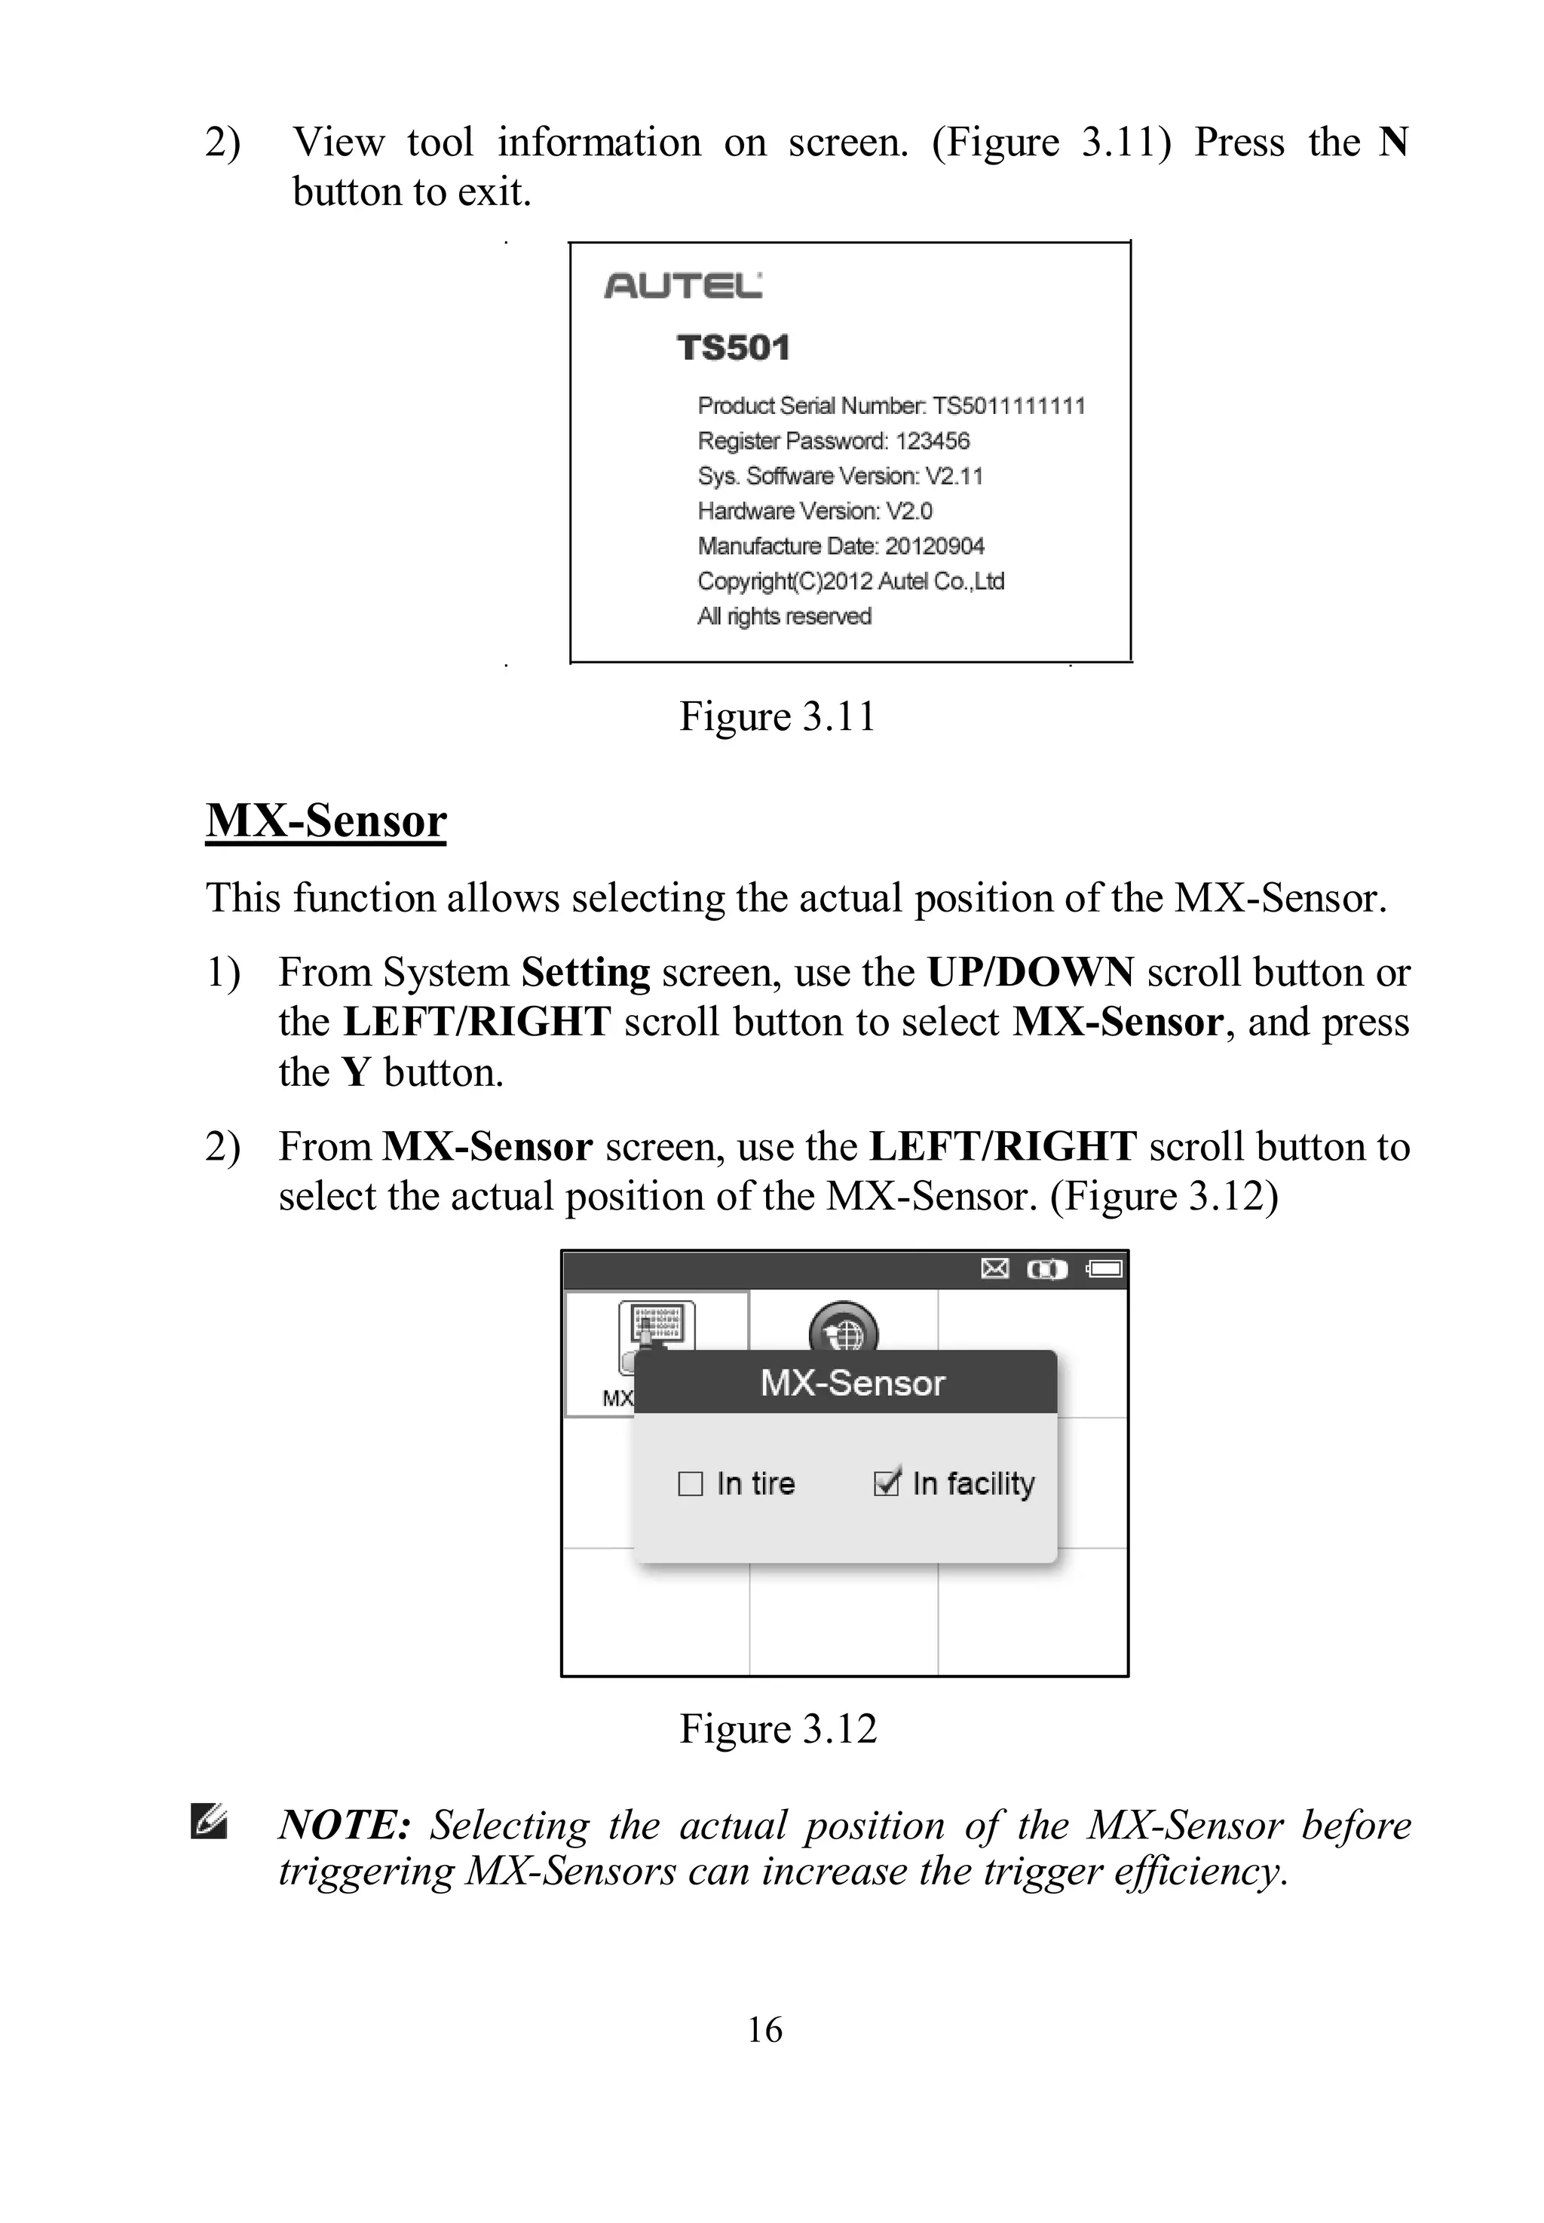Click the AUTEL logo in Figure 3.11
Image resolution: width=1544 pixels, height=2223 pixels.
click(x=682, y=285)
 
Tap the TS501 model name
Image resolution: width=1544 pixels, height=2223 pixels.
click(x=734, y=348)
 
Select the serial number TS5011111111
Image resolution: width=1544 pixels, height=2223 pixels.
click(x=1008, y=406)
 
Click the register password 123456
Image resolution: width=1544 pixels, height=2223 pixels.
click(x=932, y=441)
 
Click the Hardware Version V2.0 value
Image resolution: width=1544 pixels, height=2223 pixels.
click(x=908, y=511)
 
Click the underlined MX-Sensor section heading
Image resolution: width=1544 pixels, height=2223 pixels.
click(x=326, y=820)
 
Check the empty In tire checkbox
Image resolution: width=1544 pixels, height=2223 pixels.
click(x=690, y=1484)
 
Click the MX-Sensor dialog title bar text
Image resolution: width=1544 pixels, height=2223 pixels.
click(x=851, y=1383)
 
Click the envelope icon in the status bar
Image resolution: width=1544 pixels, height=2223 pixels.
click(x=994, y=1268)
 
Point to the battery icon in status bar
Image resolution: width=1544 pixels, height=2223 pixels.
click(x=1104, y=1268)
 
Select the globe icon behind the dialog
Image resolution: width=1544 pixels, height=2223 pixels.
click(x=844, y=1331)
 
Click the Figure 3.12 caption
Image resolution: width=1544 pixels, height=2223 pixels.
click(x=777, y=1728)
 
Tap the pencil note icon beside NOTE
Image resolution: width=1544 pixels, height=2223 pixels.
click(x=209, y=1822)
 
